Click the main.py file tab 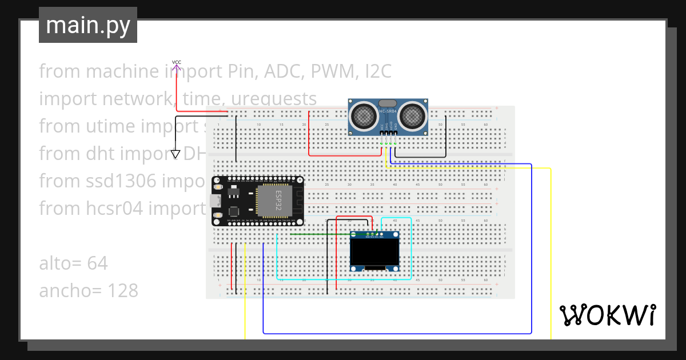point(87,25)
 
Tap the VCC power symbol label point(177,62)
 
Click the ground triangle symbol point(176,154)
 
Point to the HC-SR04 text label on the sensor point(388,111)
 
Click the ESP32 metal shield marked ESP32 point(274,199)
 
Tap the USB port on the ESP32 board point(216,201)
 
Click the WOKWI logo point(607,315)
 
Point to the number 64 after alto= point(98,263)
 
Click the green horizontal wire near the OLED point(320,234)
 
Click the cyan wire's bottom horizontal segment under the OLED point(343,279)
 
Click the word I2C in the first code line point(375,71)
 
